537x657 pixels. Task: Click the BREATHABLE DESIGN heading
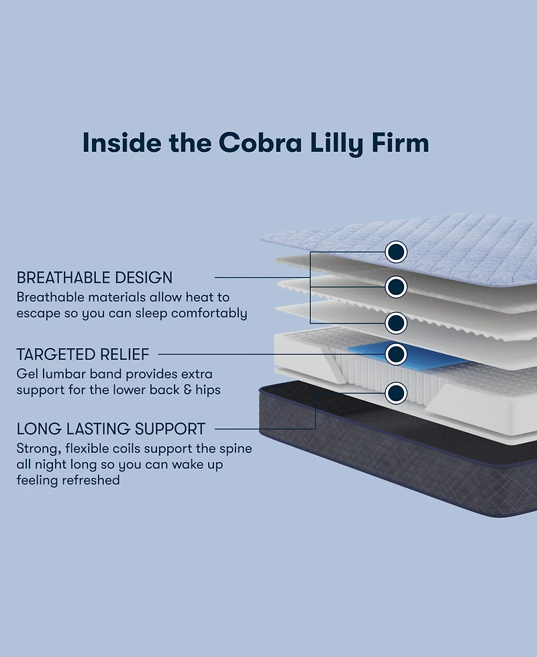pos(95,277)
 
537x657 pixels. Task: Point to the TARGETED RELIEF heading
pos(83,354)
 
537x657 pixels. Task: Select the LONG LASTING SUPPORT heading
pos(111,429)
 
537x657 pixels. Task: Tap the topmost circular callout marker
pos(396,252)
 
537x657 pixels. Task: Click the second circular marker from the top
pos(396,287)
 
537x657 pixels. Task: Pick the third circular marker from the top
pos(396,322)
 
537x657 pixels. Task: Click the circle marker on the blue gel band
pos(396,353)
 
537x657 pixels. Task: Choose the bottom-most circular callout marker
pos(396,392)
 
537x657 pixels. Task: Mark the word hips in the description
pos(207,390)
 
